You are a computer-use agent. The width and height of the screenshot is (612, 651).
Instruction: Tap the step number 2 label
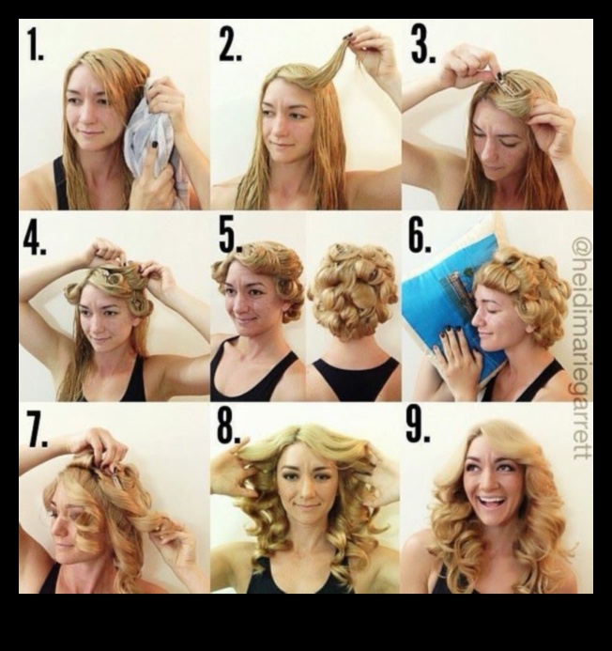point(230,45)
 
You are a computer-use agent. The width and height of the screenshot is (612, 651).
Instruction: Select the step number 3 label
point(423,43)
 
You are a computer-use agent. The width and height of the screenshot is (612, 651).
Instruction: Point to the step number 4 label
point(35,240)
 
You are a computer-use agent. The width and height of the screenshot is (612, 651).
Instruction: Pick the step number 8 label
point(229,427)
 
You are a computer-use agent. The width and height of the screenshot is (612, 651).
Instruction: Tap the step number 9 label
point(419,426)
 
